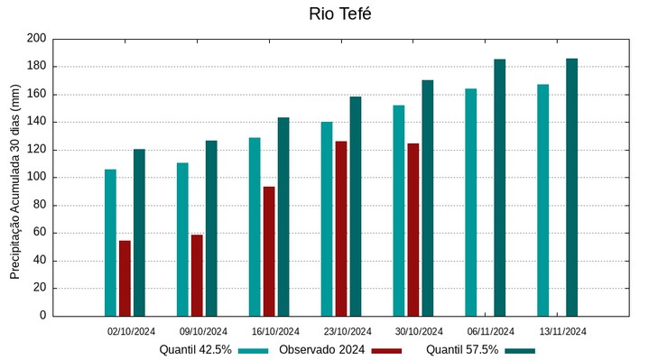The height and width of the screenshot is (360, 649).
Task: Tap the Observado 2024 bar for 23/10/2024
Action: coord(341,228)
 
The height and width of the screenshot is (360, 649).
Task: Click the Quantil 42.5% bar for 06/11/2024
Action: coord(471,202)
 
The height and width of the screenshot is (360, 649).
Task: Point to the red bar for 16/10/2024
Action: coord(269,251)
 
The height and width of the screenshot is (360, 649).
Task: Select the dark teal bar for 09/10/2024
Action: coord(211,228)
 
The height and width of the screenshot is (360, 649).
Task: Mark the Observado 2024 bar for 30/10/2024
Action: coord(413,229)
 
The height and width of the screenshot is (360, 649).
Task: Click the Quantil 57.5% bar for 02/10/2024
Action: coord(139,232)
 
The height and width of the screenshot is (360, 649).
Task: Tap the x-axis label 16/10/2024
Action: coord(275,331)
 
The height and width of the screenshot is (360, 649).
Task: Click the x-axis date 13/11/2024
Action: coord(563,331)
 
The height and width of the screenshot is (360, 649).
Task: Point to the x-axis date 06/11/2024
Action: coord(491,331)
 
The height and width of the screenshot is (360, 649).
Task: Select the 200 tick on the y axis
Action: coord(36,39)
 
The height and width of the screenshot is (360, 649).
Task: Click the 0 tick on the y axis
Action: coord(42,316)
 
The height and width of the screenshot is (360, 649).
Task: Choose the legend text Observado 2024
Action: coord(322,350)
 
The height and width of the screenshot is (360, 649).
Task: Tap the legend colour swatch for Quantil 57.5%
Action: coord(520,350)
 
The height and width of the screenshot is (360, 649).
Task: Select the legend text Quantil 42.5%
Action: coord(196,350)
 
